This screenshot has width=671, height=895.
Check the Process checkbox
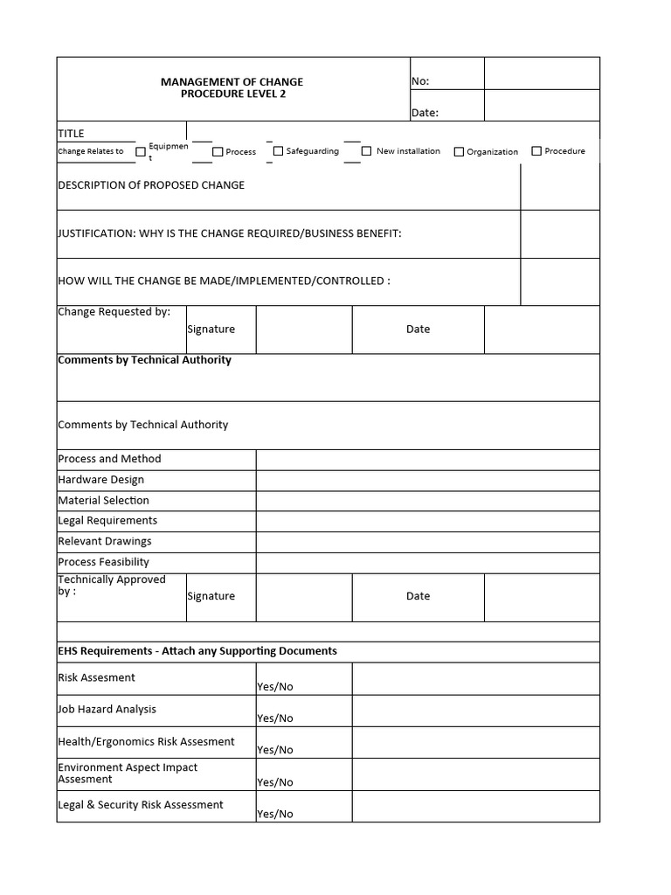pos(218,152)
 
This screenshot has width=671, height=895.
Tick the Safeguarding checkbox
pos(279,151)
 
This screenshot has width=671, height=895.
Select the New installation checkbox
pos(367,151)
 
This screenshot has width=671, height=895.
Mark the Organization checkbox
pos(459,152)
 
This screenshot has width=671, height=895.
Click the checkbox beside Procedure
pos(536,151)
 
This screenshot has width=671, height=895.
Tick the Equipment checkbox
pos(141,152)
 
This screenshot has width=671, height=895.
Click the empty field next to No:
pos(542,73)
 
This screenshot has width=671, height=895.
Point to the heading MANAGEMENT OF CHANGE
pos(232,81)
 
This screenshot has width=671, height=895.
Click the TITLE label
pos(71,133)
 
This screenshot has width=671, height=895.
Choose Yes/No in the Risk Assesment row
pos(274,686)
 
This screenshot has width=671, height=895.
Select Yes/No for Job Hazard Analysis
pos(274,718)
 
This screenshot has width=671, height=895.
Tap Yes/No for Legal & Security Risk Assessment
pos(274,813)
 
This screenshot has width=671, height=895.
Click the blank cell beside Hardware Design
pos(427,480)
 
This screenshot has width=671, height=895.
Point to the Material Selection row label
pos(103,501)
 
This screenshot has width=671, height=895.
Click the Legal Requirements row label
pos(107,521)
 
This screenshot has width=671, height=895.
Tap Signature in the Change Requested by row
pos(211,330)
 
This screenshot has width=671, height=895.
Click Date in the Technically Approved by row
pos(418,596)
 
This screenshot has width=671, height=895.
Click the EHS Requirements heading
pos(197,651)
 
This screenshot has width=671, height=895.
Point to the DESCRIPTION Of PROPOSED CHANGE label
pos(151,185)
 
